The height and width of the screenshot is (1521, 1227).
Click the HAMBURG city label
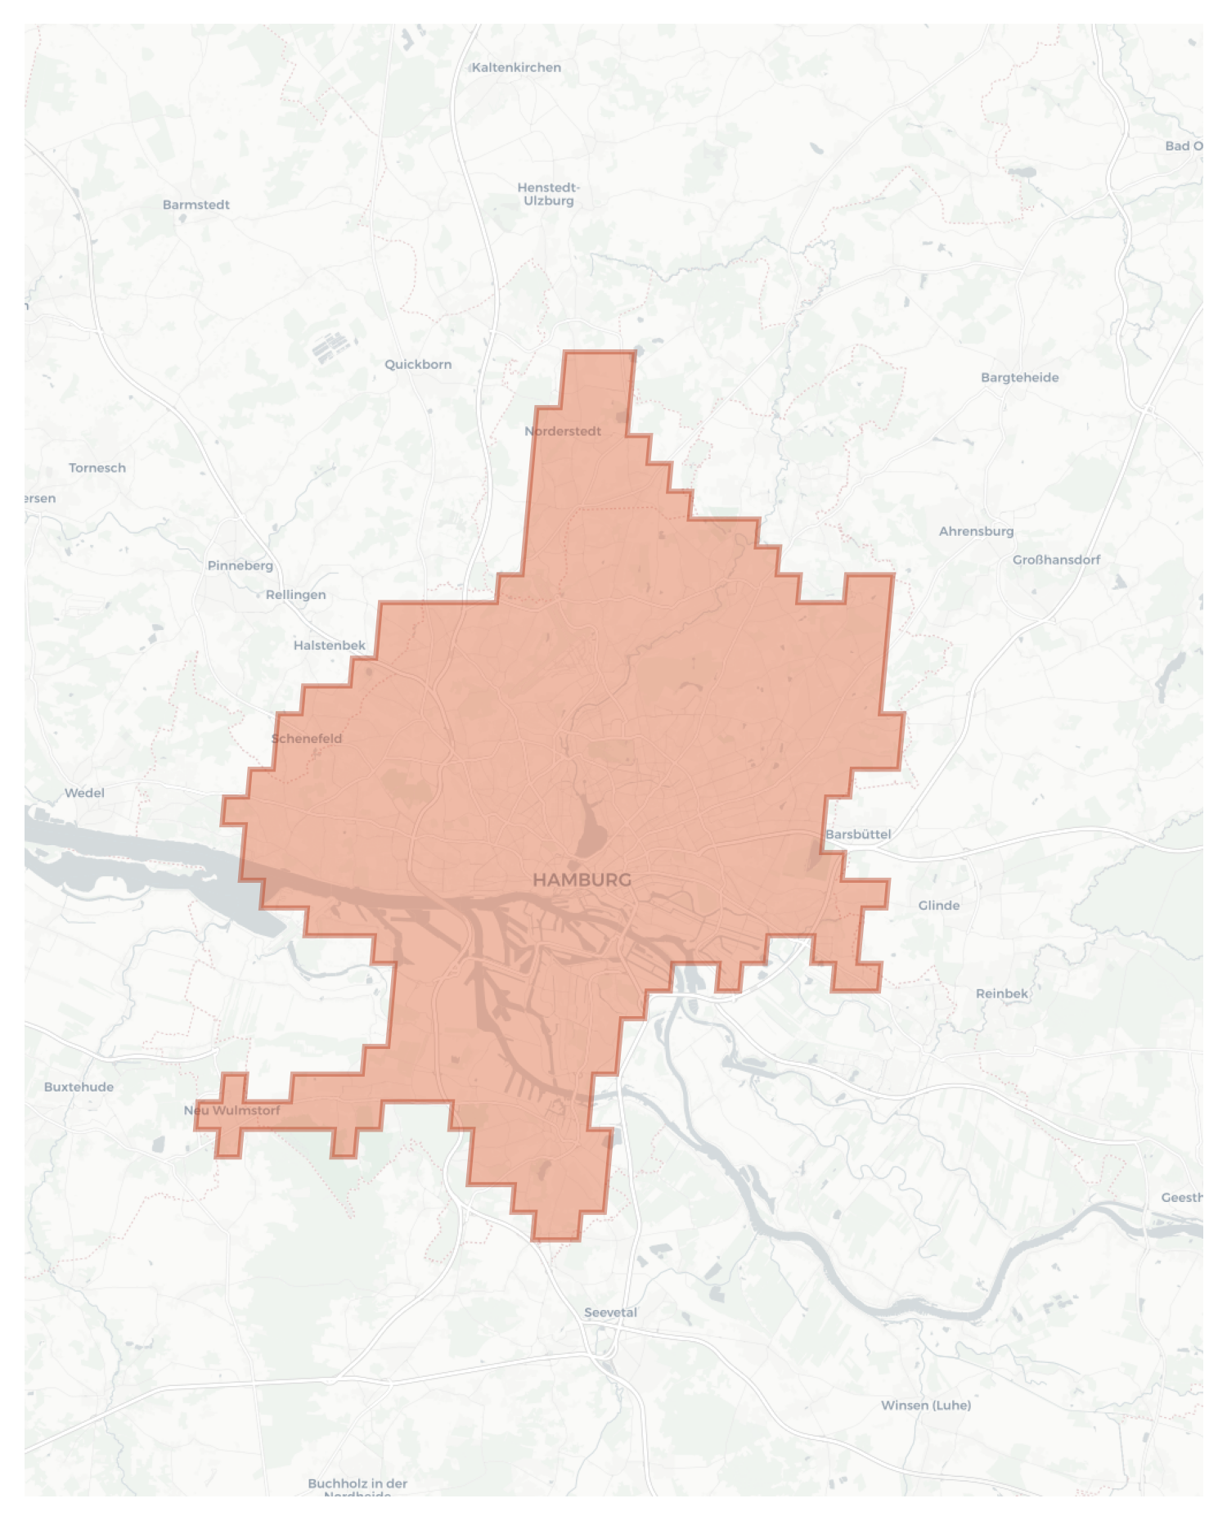pyautogui.click(x=582, y=880)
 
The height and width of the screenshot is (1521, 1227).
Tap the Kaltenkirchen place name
pyautogui.click(x=516, y=67)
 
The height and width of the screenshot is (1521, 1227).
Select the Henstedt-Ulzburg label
pyautogui.click(x=548, y=194)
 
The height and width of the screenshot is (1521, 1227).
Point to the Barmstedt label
pyautogui.click(x=196, y=205)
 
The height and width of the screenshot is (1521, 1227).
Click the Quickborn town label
pyautogui.click(x=418, y=364)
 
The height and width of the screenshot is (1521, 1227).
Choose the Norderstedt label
pyautogui.click(x=563, y=431)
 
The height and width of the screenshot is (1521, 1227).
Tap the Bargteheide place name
pyautogui.click(x=1019, y=377)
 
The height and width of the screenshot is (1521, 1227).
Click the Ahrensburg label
pyautogui.click(x=976, y=531)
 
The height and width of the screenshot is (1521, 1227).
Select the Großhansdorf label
pyautogui.click(x=1056, y=560)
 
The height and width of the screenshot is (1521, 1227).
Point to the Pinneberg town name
pyautogui.click(x=240, y=565)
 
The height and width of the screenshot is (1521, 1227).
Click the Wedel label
pyautogui.click(x=85, y=793)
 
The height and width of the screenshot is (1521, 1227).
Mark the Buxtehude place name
pyautogui.click(x=79, y=1087)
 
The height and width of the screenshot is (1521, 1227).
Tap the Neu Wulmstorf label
pyautogui.click(x=231, y=1110)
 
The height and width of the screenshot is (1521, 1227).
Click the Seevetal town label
pyautogui.click(x=610, y=1312)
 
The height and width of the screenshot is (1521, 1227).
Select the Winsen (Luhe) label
pyautogui.click(x=926, y=1405)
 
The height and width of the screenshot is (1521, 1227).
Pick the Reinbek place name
pyautogui.click(x=1002, y=993)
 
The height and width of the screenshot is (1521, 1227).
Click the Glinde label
pyautogui.click(x=939, y=905)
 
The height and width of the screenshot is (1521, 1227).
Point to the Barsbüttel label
pyautogui.click(x=858, y=835)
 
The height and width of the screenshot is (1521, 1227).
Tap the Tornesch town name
pyautogui.click(x=97, y=468)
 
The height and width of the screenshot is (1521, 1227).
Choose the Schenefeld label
pyautogui.click(x=307, y=738)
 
